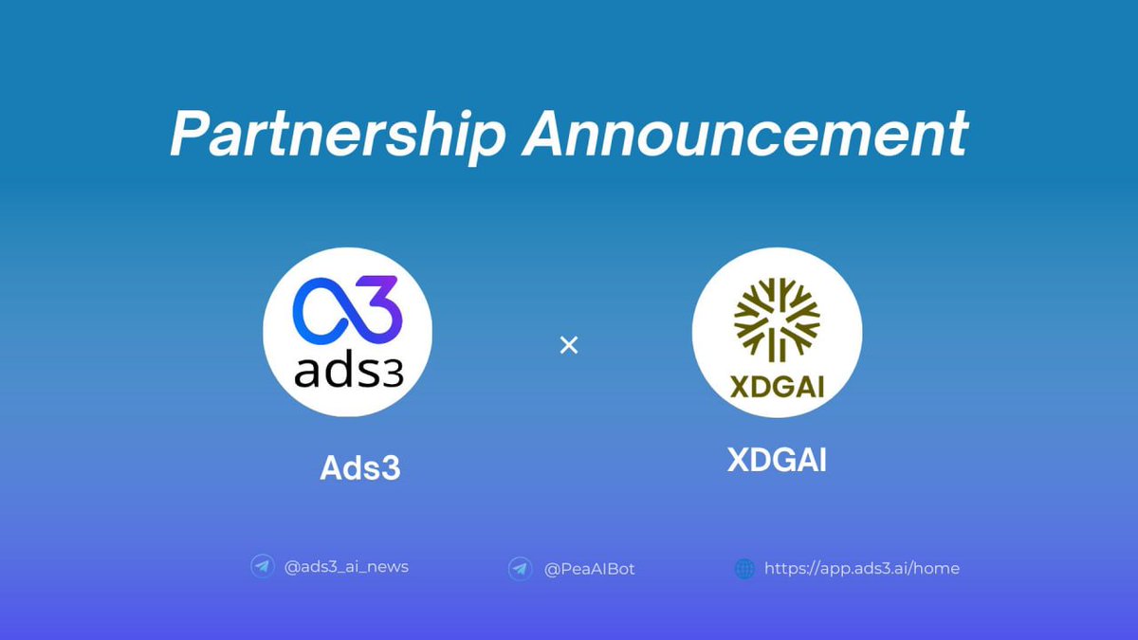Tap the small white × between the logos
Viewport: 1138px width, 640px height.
[569, 345]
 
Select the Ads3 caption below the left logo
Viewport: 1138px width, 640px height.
[360, 467]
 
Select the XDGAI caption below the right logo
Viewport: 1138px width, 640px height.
[777, 460]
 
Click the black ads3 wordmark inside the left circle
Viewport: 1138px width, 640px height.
[348, 371]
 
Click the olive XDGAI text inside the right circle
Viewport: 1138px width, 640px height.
[778, 387]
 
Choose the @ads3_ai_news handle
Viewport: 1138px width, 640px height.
[346, 567]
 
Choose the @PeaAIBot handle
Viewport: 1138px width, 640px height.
[590, 569]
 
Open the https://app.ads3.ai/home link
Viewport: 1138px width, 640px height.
[861, 568]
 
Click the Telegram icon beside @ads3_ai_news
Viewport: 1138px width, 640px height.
[263, 567]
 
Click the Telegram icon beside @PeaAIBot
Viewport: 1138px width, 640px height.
[519, 569]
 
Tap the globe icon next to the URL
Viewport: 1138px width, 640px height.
[745, 569]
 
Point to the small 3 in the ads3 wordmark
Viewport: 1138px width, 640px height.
[393, 373]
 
